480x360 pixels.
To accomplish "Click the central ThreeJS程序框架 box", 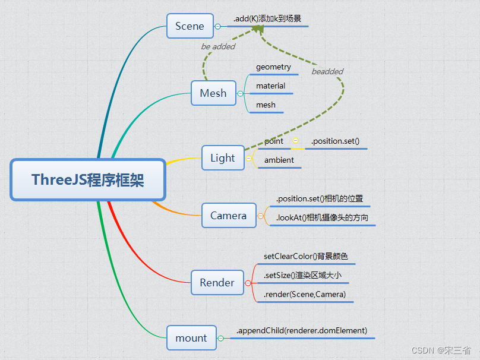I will [x=88, y=180].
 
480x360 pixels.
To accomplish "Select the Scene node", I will [x=190, y=26].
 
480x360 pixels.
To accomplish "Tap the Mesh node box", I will [x=213, y=93].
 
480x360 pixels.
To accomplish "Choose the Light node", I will [x=223, y=158].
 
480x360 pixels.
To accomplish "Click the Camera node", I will [x=228, y=216].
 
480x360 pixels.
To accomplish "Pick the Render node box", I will [x=217, y=283].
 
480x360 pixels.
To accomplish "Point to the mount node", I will [x=191, y=338].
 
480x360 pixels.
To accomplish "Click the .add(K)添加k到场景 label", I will [x=267, y=19].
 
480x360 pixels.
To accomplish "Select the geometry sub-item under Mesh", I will [x=273, y=67].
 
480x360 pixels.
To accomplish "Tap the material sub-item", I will [x=270, y=86].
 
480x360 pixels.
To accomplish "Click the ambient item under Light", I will [x=279, y=160].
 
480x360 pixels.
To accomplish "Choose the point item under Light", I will [x=274, y=141].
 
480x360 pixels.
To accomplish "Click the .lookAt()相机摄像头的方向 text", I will [x=322, y=218].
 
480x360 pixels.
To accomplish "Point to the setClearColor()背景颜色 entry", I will [x=306, y=257].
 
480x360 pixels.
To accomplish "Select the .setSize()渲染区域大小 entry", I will [x=302, y=275].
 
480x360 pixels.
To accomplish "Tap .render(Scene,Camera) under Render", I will [x=305, y=294].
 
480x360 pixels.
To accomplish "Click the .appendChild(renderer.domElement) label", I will [x=302, y=331].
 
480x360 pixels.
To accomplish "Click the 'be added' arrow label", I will [x=218, y=46].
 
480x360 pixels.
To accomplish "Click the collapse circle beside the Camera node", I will [x=260, y=216].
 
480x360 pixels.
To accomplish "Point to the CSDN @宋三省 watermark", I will [x=433, y=350].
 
